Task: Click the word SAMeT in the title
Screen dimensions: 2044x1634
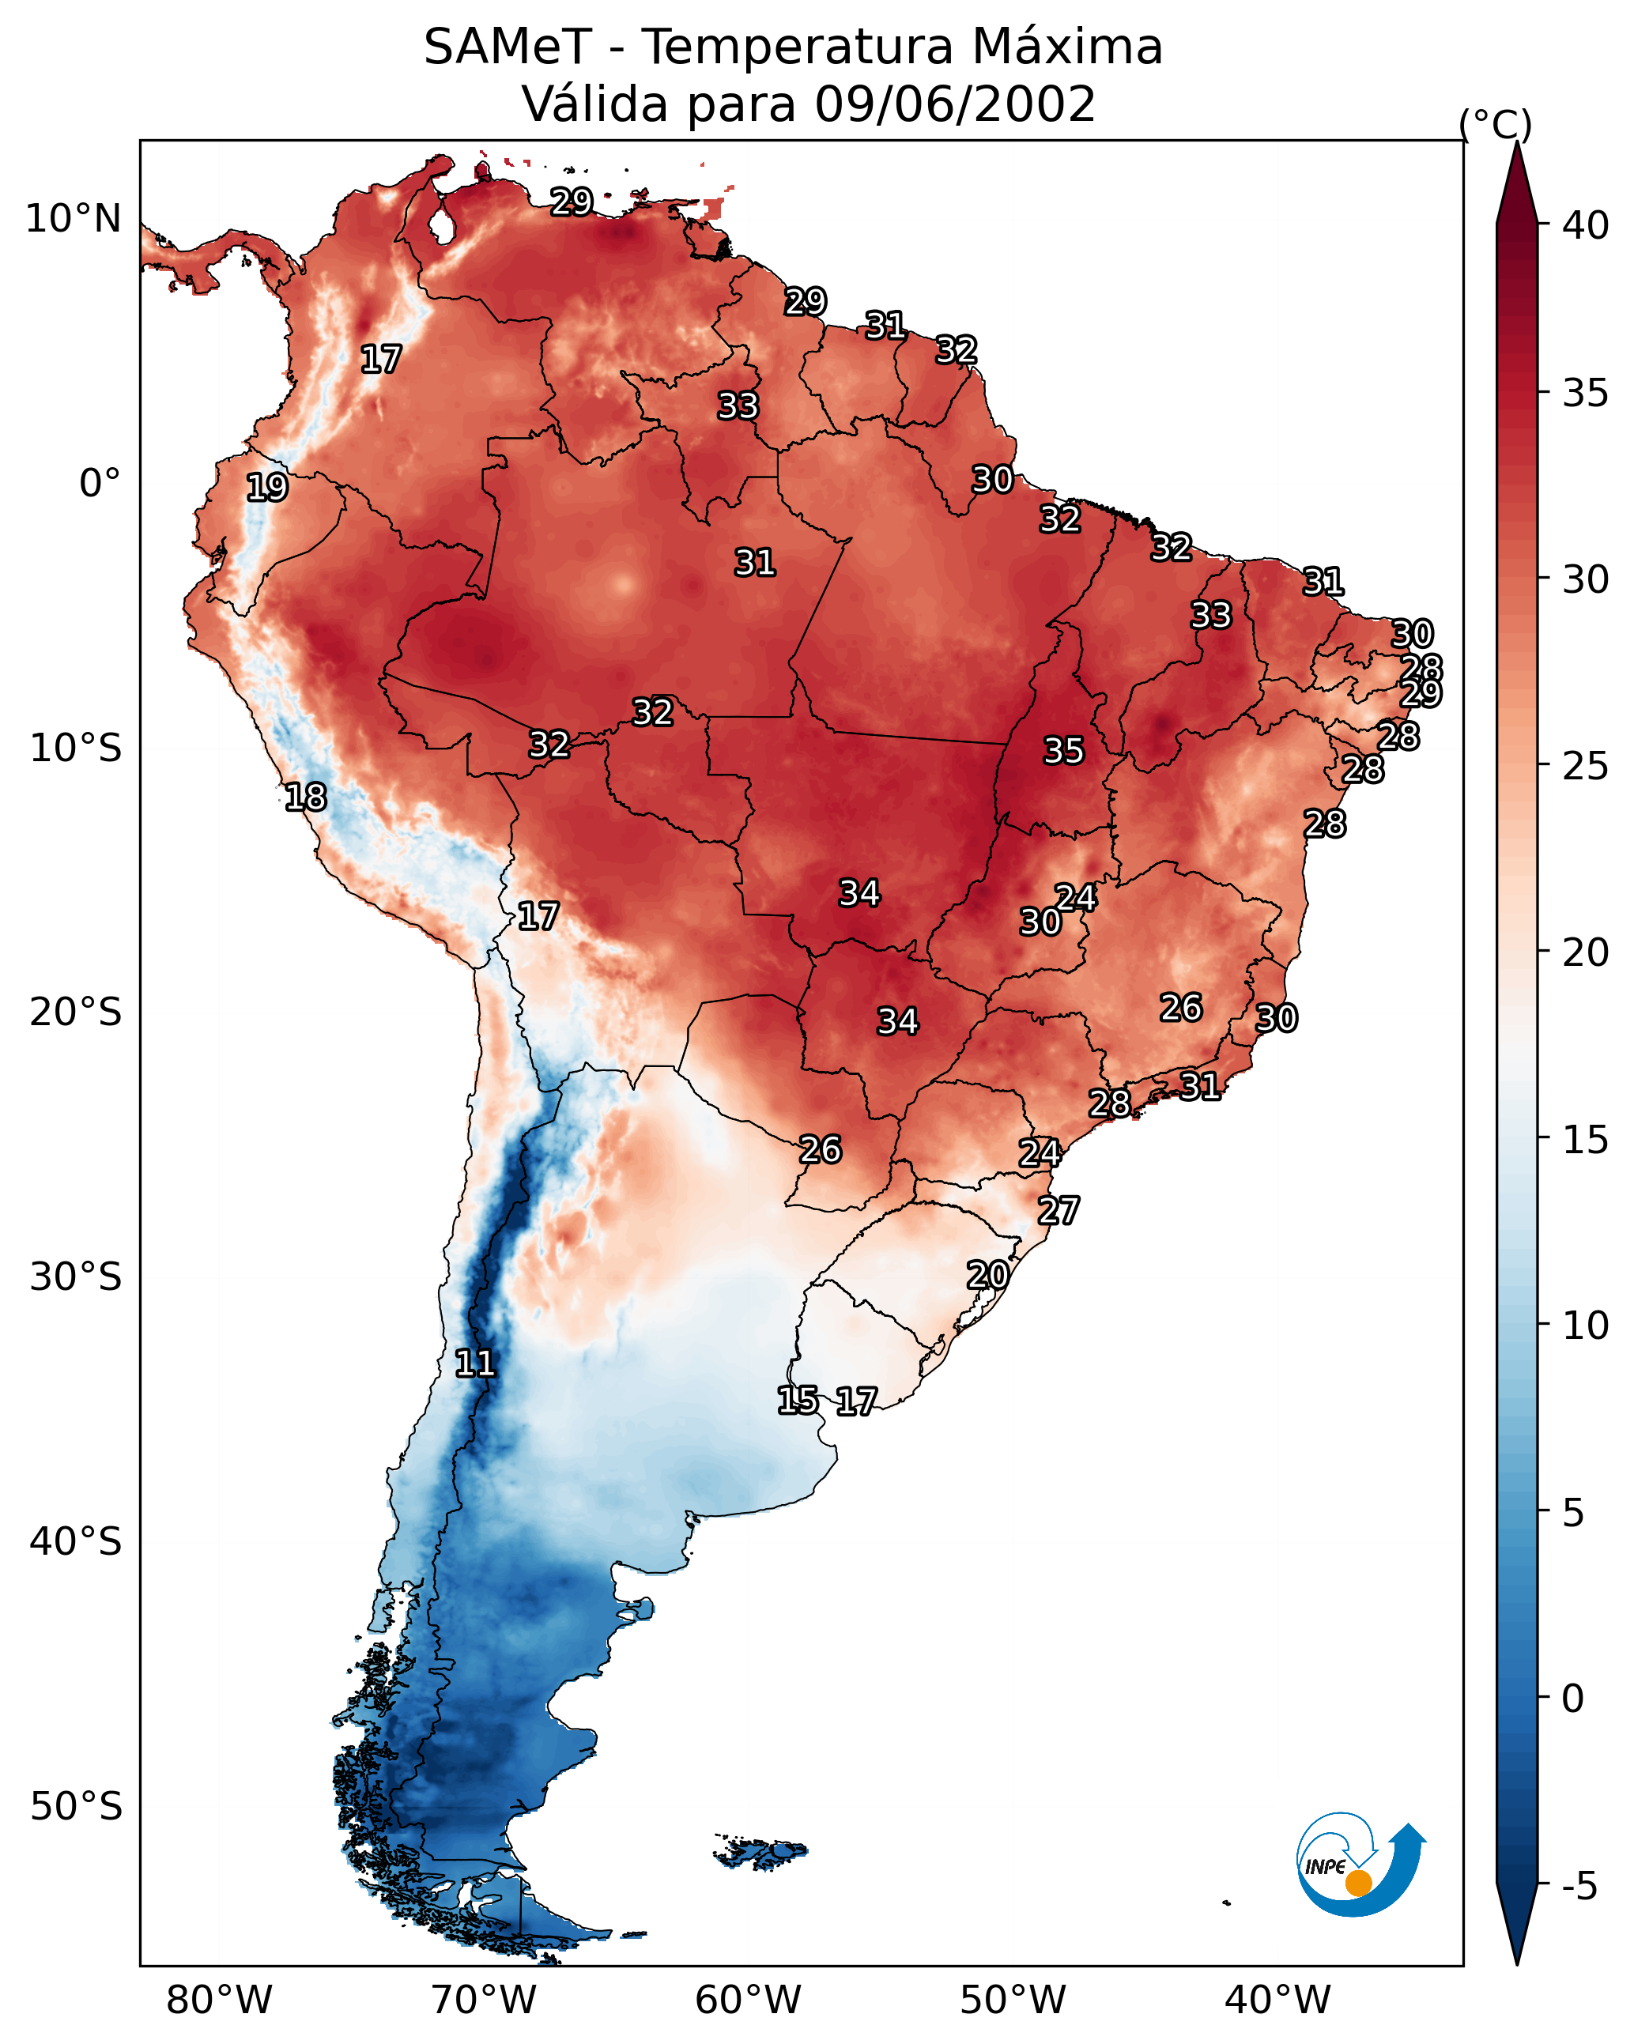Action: point(508,47)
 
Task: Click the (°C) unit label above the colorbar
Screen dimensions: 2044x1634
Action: point(1495,124)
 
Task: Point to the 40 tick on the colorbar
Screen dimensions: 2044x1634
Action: point(1585,225)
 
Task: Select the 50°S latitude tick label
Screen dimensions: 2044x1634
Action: point(75,1807)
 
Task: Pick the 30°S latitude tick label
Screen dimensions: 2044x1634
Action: point(75,1277)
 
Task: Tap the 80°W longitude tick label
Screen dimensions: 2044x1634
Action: point(219,2001)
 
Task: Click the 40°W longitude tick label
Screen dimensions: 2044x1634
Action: point(1277,2001)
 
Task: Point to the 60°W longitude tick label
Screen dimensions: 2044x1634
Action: point(749,2001)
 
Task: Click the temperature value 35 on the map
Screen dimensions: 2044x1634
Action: point(1063,751)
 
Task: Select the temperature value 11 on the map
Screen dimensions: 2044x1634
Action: point(475,1363)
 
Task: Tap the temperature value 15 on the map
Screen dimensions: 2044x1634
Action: point(798,1401)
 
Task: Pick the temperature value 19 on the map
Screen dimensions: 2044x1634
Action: point(266,488)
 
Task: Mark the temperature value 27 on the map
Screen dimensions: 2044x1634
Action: point(1058,1211)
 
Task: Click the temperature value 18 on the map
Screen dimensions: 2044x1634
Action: point(305,798)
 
